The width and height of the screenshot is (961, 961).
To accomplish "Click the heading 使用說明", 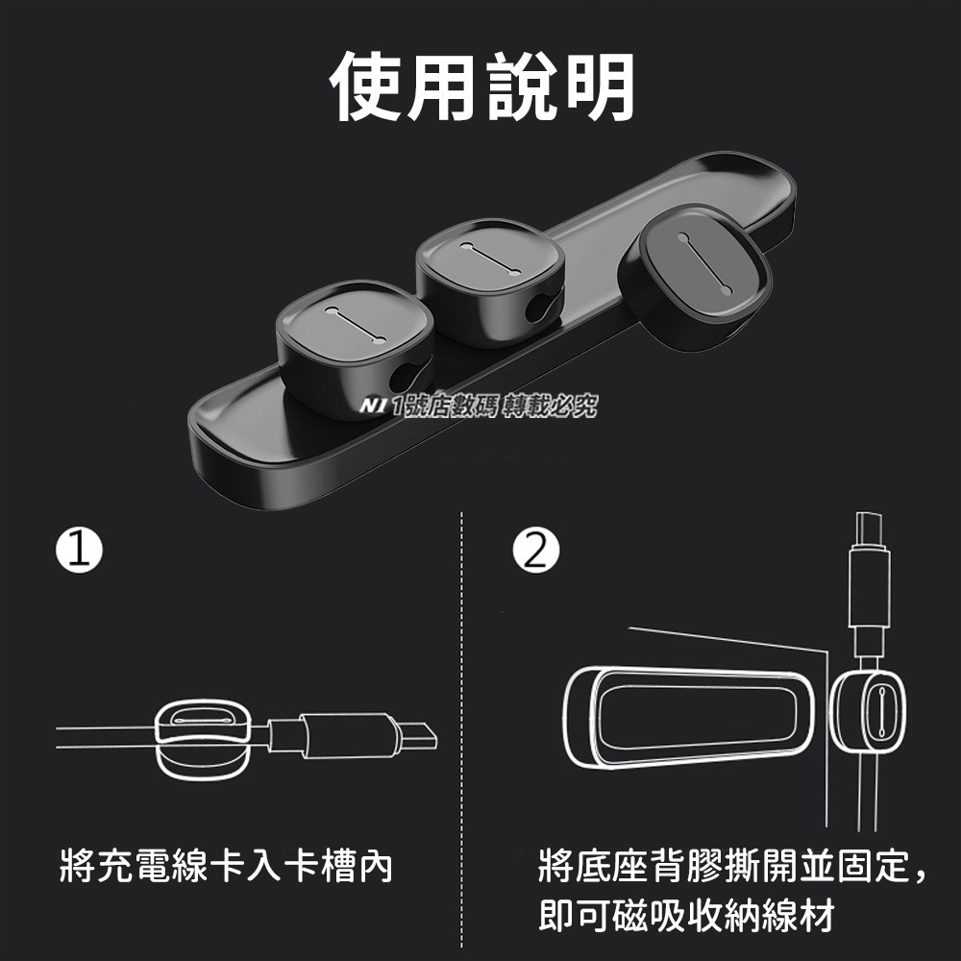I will click(x=481, y=87).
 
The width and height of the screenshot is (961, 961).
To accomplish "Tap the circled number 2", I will click(x=535, y=550).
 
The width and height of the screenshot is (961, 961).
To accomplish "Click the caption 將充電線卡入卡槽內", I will click(x=226, y=867).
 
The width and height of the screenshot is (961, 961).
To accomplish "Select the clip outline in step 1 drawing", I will click(x=202, y=735).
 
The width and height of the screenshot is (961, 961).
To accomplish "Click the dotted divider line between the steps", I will click(x=463, y=730).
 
